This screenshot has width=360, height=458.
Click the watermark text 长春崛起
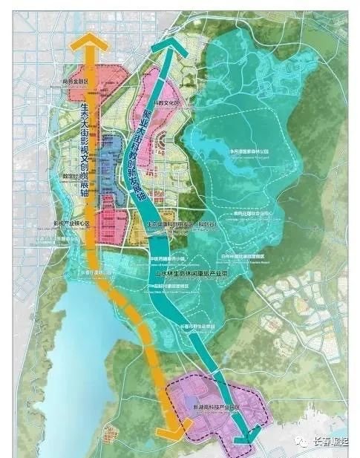coord(334,443)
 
